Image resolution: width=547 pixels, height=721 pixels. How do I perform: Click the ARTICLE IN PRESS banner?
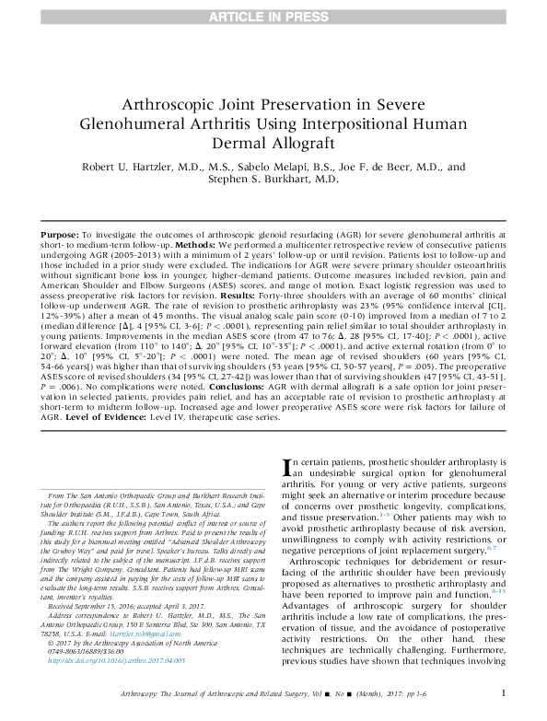pyautogui.click(x=273, y=14)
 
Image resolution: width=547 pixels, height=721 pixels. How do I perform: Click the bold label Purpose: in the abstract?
pyautogui.click(x=60, y=237)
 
